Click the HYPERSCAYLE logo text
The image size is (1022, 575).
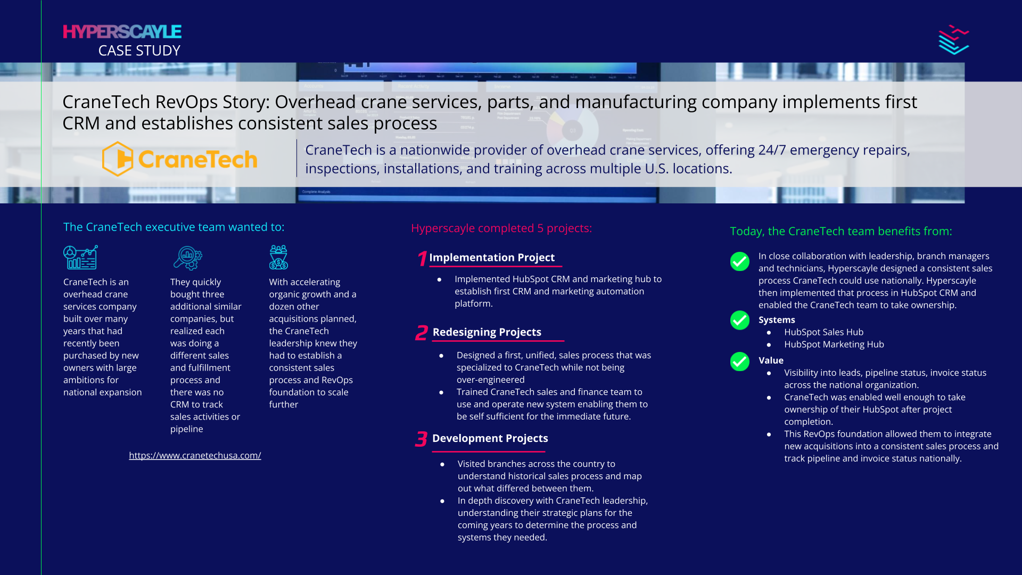tap(122, 32)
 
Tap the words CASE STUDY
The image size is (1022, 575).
tap(139, 51)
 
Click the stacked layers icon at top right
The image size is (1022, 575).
tap(953, 40)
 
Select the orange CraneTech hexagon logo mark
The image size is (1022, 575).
tap(118, 159)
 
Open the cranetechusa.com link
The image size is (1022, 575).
tap(195, 455)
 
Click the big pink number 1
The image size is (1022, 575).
tap(422, 259)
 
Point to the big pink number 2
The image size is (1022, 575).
tap(422, 333)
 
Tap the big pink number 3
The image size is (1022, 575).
tap(421, 439)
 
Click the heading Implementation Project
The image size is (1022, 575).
tap(492, 258)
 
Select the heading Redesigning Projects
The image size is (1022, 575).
tap(487, 332)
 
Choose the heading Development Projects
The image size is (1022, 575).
tap(490, 438)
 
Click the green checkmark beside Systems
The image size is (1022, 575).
tap(739, 321)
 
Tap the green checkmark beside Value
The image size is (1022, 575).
tap(739, 362)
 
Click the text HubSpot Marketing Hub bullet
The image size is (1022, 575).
tap(834, 344)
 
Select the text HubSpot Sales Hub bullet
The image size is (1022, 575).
tap(823, 332)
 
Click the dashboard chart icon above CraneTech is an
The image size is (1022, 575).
tap(80, 257)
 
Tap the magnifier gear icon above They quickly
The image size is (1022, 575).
tap(187, 258)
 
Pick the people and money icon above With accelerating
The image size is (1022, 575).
tap(278, 257)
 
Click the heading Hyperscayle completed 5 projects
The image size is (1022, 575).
tap(501, 228)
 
